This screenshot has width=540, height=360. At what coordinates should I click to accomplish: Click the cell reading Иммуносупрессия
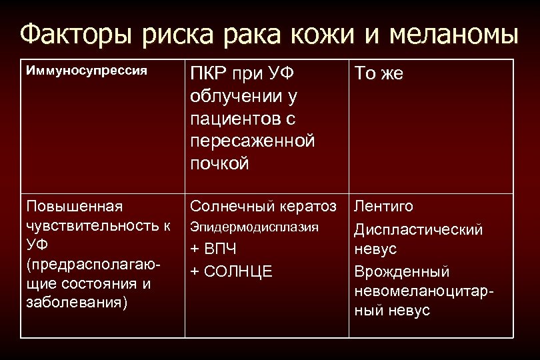tap(86, 70)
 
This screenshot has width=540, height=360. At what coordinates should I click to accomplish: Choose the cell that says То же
tap(379, 74)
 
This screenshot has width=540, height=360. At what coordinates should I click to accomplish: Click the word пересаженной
tap(252, 141)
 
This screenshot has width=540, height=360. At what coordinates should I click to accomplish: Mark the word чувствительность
tap(85, 226)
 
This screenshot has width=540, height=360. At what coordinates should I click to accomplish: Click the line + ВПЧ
tap(214, 249)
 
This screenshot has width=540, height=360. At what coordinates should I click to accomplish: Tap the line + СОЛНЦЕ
tap(231, 271)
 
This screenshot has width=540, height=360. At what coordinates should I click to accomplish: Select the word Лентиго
tap(383, 207)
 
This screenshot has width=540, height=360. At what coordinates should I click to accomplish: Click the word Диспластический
tap(418, 230)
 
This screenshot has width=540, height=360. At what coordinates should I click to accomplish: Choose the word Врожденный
tap(402, 272)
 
